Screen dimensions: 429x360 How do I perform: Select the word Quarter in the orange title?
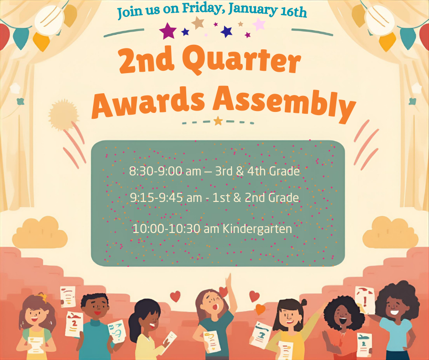241,61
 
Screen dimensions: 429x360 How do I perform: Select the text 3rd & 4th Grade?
257,171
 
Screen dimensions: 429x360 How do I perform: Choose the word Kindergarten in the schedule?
257,229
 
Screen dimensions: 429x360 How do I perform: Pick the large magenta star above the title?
167,31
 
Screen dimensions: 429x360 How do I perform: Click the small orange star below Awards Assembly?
218,121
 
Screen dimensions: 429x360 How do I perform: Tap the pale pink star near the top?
259,24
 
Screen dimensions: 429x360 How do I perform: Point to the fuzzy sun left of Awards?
63,115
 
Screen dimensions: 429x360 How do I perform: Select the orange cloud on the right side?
390,233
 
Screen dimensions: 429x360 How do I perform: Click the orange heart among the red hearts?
260,309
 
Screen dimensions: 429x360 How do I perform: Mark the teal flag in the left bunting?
21,38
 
